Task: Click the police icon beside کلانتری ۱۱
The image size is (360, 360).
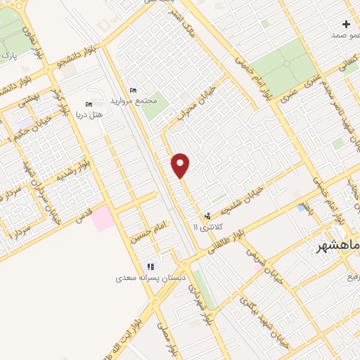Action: point(207,216)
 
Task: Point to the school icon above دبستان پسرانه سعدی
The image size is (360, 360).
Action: point(150,266)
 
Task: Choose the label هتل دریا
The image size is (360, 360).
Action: point(89,114)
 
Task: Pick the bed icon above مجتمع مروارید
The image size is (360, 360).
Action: point(133,90)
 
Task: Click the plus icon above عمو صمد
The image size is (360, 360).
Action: point(346,24)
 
